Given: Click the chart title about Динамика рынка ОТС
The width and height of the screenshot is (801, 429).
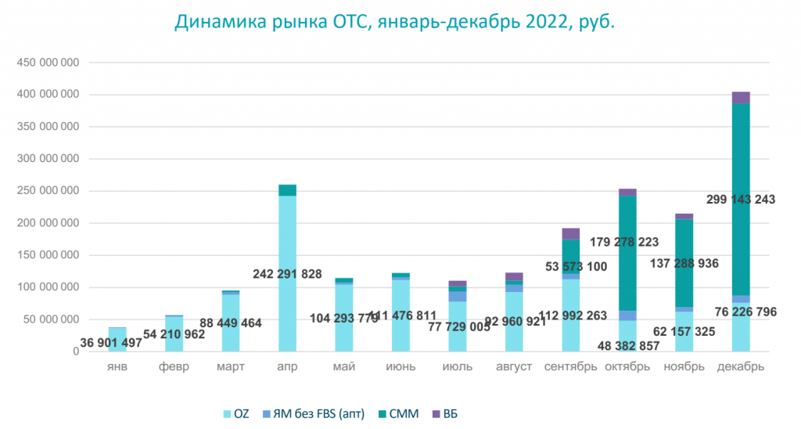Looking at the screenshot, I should (x=394, y=23).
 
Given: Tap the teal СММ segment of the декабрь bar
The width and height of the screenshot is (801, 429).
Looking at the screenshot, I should (x=741, y=157).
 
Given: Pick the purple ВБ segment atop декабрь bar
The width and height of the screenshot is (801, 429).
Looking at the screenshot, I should (x=741, y=97).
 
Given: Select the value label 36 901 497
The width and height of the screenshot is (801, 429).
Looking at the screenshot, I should (x=111, y=342).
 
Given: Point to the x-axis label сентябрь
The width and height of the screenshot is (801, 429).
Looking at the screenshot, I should (x=571, y=367).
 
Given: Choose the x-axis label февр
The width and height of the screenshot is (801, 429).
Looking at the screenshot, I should (x=174, y=367).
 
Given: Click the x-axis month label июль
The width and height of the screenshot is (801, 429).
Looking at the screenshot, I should (x=457, y=367).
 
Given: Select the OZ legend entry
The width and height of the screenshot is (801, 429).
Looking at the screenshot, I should (x=235, y=413).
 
